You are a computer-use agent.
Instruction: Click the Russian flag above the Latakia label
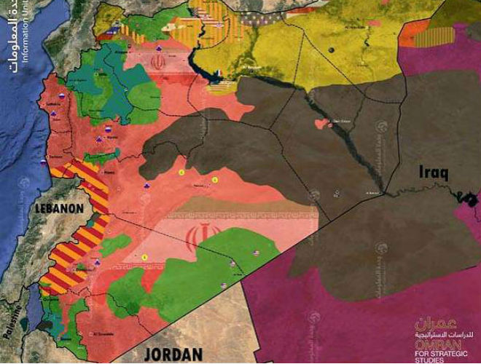coord(62,96)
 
